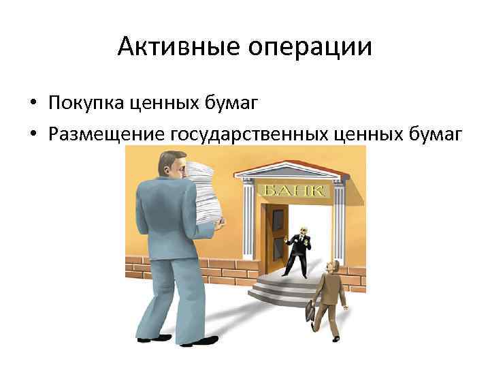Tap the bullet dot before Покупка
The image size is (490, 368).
point(33,104)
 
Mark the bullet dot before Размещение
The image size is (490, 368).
point(33,134)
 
